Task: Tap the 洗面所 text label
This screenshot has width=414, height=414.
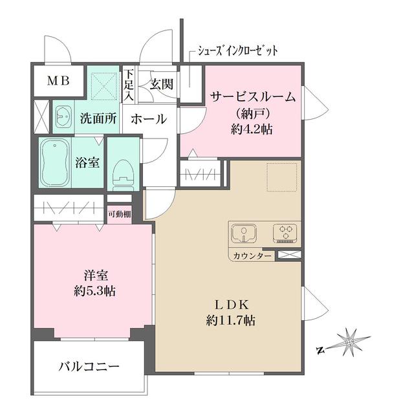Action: click(98, 119)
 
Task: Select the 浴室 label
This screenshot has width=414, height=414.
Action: click(87, 162)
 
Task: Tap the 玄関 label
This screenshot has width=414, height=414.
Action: click(161, 83)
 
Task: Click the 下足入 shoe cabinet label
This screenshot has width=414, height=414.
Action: click(129, 85)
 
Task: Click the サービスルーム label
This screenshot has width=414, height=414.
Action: click(252, 98)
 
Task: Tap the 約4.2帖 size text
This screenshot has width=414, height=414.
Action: click(253, 129)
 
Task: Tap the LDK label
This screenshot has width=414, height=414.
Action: click(228, 305)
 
